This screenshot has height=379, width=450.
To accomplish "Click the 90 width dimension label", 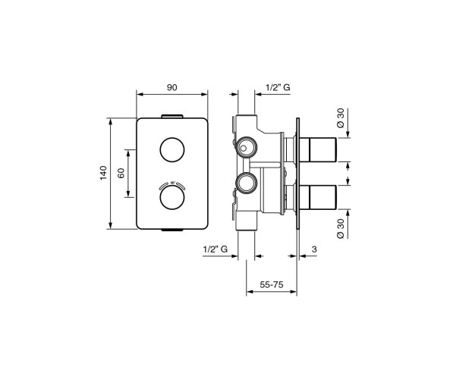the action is pos(172,87).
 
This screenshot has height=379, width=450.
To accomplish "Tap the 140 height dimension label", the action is pos(103,173).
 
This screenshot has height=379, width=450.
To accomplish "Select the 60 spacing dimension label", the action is pos(121,173).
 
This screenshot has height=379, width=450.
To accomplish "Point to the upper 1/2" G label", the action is pos(278,87).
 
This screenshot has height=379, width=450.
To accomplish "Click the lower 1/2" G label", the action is pos(216,249).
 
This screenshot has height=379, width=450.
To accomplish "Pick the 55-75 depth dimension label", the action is pos(272,284).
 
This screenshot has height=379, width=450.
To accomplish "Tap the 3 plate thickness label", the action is pos(314,249).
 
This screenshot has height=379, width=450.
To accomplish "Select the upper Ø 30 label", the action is pos(341,118).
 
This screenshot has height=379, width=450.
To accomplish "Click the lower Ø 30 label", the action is pos(341,228).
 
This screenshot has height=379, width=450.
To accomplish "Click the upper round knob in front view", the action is pos(172,149).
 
